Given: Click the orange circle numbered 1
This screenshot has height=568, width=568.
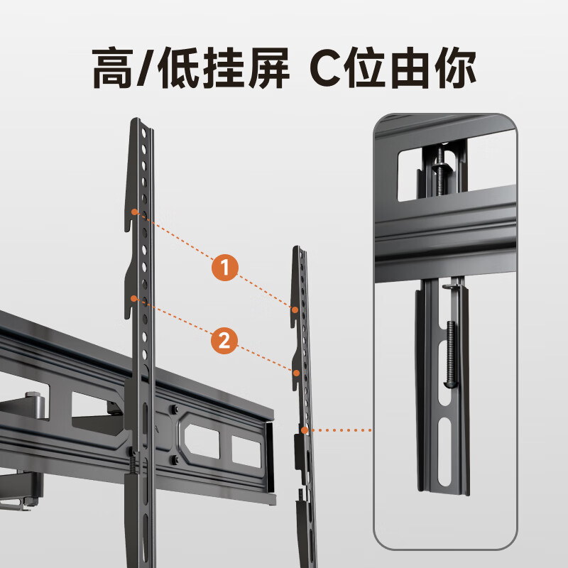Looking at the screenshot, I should (225, 268).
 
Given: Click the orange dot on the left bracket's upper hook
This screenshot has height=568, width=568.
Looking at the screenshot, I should (133, 212).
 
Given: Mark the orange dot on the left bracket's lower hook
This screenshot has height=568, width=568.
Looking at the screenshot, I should (133, 298).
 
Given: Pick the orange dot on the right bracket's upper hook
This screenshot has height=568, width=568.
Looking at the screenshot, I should (293, 308).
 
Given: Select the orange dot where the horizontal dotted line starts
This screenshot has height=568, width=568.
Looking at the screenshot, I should (303, 430).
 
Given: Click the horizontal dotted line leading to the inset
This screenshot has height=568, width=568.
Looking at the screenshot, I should (341, 430).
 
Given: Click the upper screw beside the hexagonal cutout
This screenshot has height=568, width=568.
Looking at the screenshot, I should (173, 410).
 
